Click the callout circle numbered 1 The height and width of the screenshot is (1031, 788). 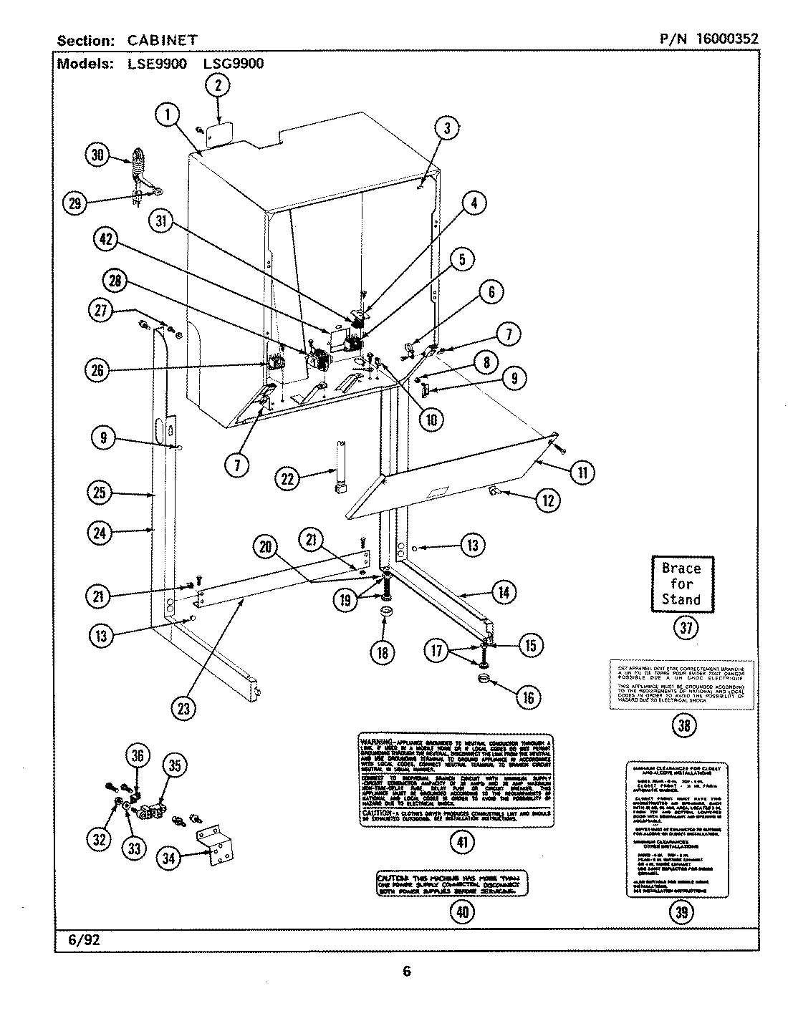pyautogui.click(x=167, y=115)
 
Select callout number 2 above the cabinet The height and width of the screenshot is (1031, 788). pyautogui.click(x=218, y=85)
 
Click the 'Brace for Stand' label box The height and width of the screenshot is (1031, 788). pyautogui.click(x=681, y=584)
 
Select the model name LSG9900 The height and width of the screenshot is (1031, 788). pyautogui.click(x=234, y=63)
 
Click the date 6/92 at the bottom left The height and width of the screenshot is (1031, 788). pyautogui.click(x=84, y=939)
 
